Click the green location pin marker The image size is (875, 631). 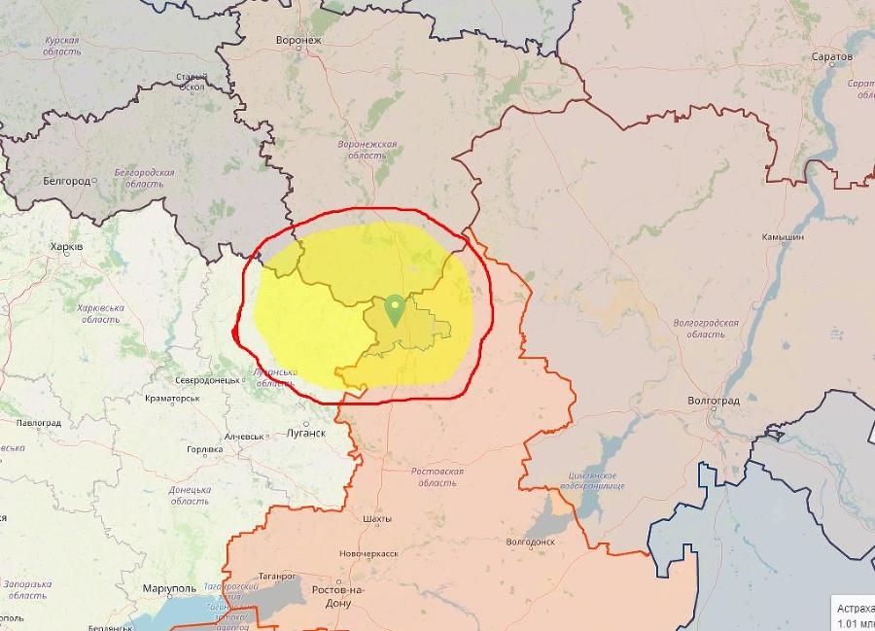coord(395,310)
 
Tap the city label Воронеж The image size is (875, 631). coord(298,41)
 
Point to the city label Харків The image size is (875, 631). coord(66,248)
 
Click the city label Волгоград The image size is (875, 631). coord(713,401)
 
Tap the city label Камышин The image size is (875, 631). coord(783,237)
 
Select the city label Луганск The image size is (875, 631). coord(306,433)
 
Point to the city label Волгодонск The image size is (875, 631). coord(530,542)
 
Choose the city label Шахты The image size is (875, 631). coord(376,520)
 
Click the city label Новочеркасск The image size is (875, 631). coord(368,553)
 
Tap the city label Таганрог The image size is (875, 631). coord(278,576)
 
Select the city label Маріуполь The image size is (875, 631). coord(168,589)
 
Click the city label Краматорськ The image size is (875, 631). coord(172,398)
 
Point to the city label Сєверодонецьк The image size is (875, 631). coord(208,380)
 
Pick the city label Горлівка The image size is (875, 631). coord(204,449)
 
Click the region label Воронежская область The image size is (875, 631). coord(367,149)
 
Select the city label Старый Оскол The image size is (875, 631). coord(192,82)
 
